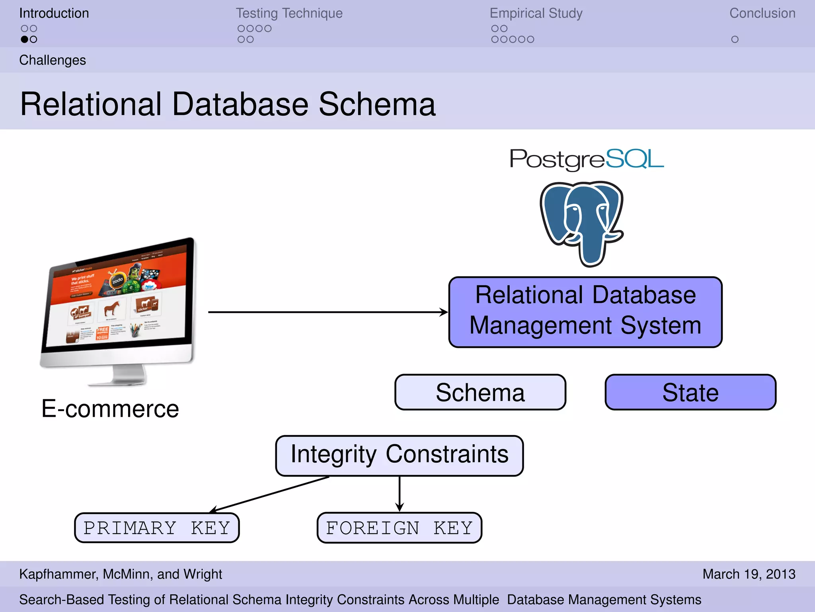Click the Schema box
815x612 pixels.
480,392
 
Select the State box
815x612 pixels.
690,392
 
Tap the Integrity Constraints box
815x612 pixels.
399,455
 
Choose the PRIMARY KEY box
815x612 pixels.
157,528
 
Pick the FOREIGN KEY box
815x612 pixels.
399,528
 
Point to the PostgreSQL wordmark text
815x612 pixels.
587,159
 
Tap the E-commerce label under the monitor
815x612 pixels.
110,409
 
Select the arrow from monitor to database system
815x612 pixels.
326,312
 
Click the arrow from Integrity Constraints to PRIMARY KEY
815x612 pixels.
271,494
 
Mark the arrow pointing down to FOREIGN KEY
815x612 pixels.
400,494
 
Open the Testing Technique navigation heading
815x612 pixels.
289,13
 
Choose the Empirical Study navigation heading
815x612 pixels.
536,13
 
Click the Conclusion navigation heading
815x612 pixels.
762,13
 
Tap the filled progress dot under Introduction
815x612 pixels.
25,39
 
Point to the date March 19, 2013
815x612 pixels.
749,574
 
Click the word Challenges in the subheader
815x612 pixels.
53,60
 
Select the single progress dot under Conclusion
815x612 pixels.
735,39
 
